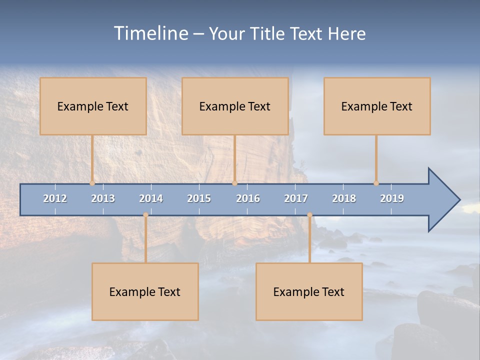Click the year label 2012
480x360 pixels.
pos(55,198)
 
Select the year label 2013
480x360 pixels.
pos(103,198)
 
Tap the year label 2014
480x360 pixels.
pos(151,198)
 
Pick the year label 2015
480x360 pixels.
pos(199,198)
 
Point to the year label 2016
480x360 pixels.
pos(248,198)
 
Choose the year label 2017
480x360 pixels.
pos(296,198)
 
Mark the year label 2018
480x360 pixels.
pos(344,198)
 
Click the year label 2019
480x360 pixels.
pos(392,198)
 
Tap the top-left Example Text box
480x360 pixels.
pos(93,106)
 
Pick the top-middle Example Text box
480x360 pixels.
pos(235,106)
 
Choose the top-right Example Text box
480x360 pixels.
pos(377,106)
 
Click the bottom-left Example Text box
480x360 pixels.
pos(145,291)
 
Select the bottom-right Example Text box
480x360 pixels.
pos(309,291)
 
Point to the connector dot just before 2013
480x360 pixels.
pos(92,183)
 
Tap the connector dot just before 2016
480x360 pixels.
pos(234,183)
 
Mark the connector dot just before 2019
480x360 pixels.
pos(376,183)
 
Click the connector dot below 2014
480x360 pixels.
pos(145,215)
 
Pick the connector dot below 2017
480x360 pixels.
pos(309,215)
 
